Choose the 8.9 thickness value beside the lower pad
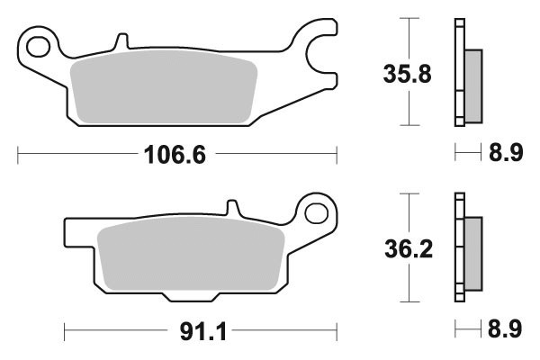pyautogui.click(x=505, y=330)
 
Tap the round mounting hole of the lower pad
pyautogui.click(x=316, y=213)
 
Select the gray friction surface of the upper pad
pyautogui.click(x=163, y=90)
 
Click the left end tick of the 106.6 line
pyautogui.click(x=19, y=156)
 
